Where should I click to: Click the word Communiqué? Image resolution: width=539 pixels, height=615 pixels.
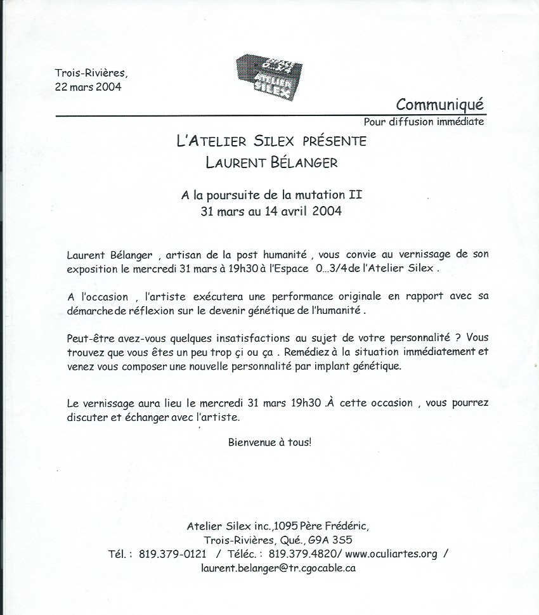point(439,103)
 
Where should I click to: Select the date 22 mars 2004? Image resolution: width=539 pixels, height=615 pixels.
point(88,86)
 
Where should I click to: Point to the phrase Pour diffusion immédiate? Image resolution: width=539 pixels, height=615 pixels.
point(424,121)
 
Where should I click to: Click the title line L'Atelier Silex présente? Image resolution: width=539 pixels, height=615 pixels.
point(271,141)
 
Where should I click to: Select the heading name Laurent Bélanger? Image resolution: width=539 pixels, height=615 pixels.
point(271,162)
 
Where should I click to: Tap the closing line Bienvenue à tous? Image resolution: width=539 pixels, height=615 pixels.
point(270,441)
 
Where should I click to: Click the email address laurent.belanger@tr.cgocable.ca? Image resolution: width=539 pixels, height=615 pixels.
point(278,568)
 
